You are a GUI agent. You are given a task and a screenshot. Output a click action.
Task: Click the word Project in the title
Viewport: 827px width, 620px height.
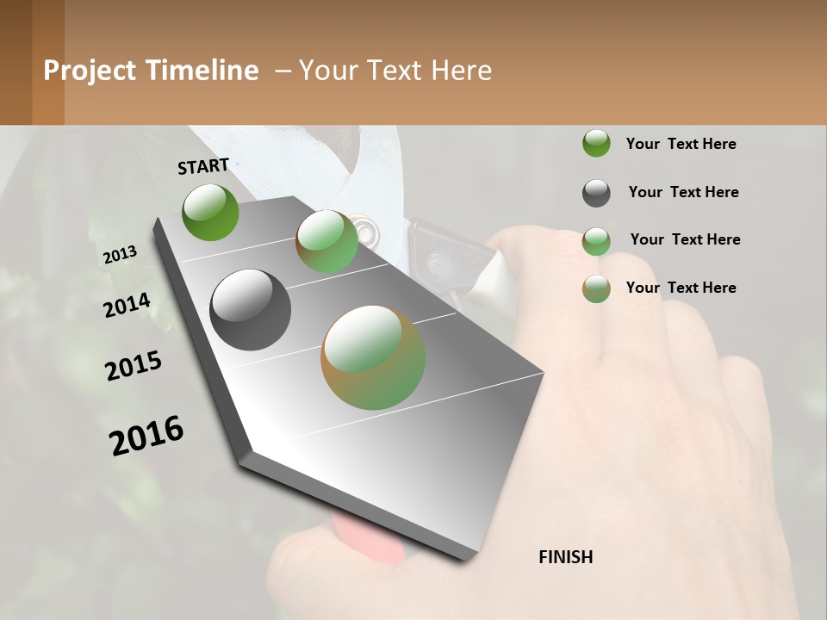pyautogui.click(x=89, y=71)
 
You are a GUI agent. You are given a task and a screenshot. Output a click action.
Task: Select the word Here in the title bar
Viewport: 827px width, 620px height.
pyautogui.click(x=461, y=71)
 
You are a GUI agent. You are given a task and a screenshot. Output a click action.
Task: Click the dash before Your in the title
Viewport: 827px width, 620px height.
pyautogui.click(x=283, y=71)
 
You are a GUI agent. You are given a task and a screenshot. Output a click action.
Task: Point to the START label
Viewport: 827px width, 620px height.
pyautogui.click(x=203, y=166)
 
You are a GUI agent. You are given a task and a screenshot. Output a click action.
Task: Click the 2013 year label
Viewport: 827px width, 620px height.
pyautogui.click(x=120, y=255)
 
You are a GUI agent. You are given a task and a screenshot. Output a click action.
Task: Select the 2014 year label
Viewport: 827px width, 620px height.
pyautogui.click(x=127, y=306)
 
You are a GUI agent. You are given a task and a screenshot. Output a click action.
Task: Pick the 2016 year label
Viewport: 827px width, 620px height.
pyautogui.click(x=146, y=436)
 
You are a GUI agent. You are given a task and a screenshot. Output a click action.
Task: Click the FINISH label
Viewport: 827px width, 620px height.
pyautogui.click(x=565, y=557)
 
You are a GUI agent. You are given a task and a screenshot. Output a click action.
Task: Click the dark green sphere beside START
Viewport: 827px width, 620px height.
pyautogui.click(x=211, y=212)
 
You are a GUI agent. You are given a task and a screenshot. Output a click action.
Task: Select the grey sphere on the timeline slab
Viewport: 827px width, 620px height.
pyautogui.click(x=250, y=310)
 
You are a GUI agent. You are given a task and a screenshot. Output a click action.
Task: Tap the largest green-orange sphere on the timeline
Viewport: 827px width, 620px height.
pyautogui.click(x=373, y=357)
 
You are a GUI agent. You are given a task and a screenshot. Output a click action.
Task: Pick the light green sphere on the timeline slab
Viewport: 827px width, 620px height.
pyautogui.click(x=327, y=241)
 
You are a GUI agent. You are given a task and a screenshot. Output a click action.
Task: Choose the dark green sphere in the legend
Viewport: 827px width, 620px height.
pyautogui.click(x=596, y=143)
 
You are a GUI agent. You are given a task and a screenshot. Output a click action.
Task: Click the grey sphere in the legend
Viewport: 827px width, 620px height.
pyautogui.click(x=596, y=193)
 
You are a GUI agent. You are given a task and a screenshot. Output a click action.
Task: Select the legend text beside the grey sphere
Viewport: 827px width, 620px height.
pyautogui.click(x=683, y=192)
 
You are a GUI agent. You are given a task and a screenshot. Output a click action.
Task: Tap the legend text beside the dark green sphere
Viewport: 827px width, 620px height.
pyautogui.click(x=681, y=144)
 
